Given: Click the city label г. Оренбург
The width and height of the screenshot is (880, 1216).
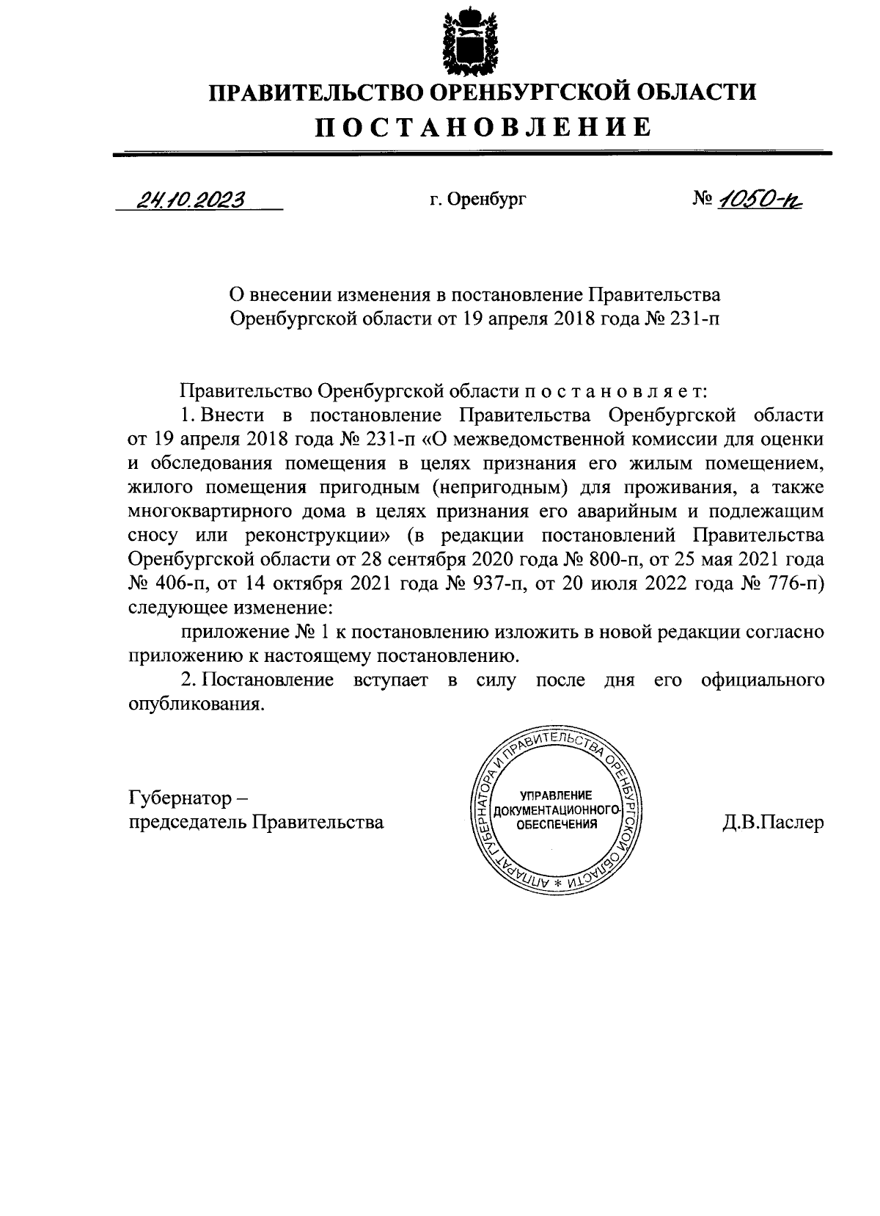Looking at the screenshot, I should tap(478, 200).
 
